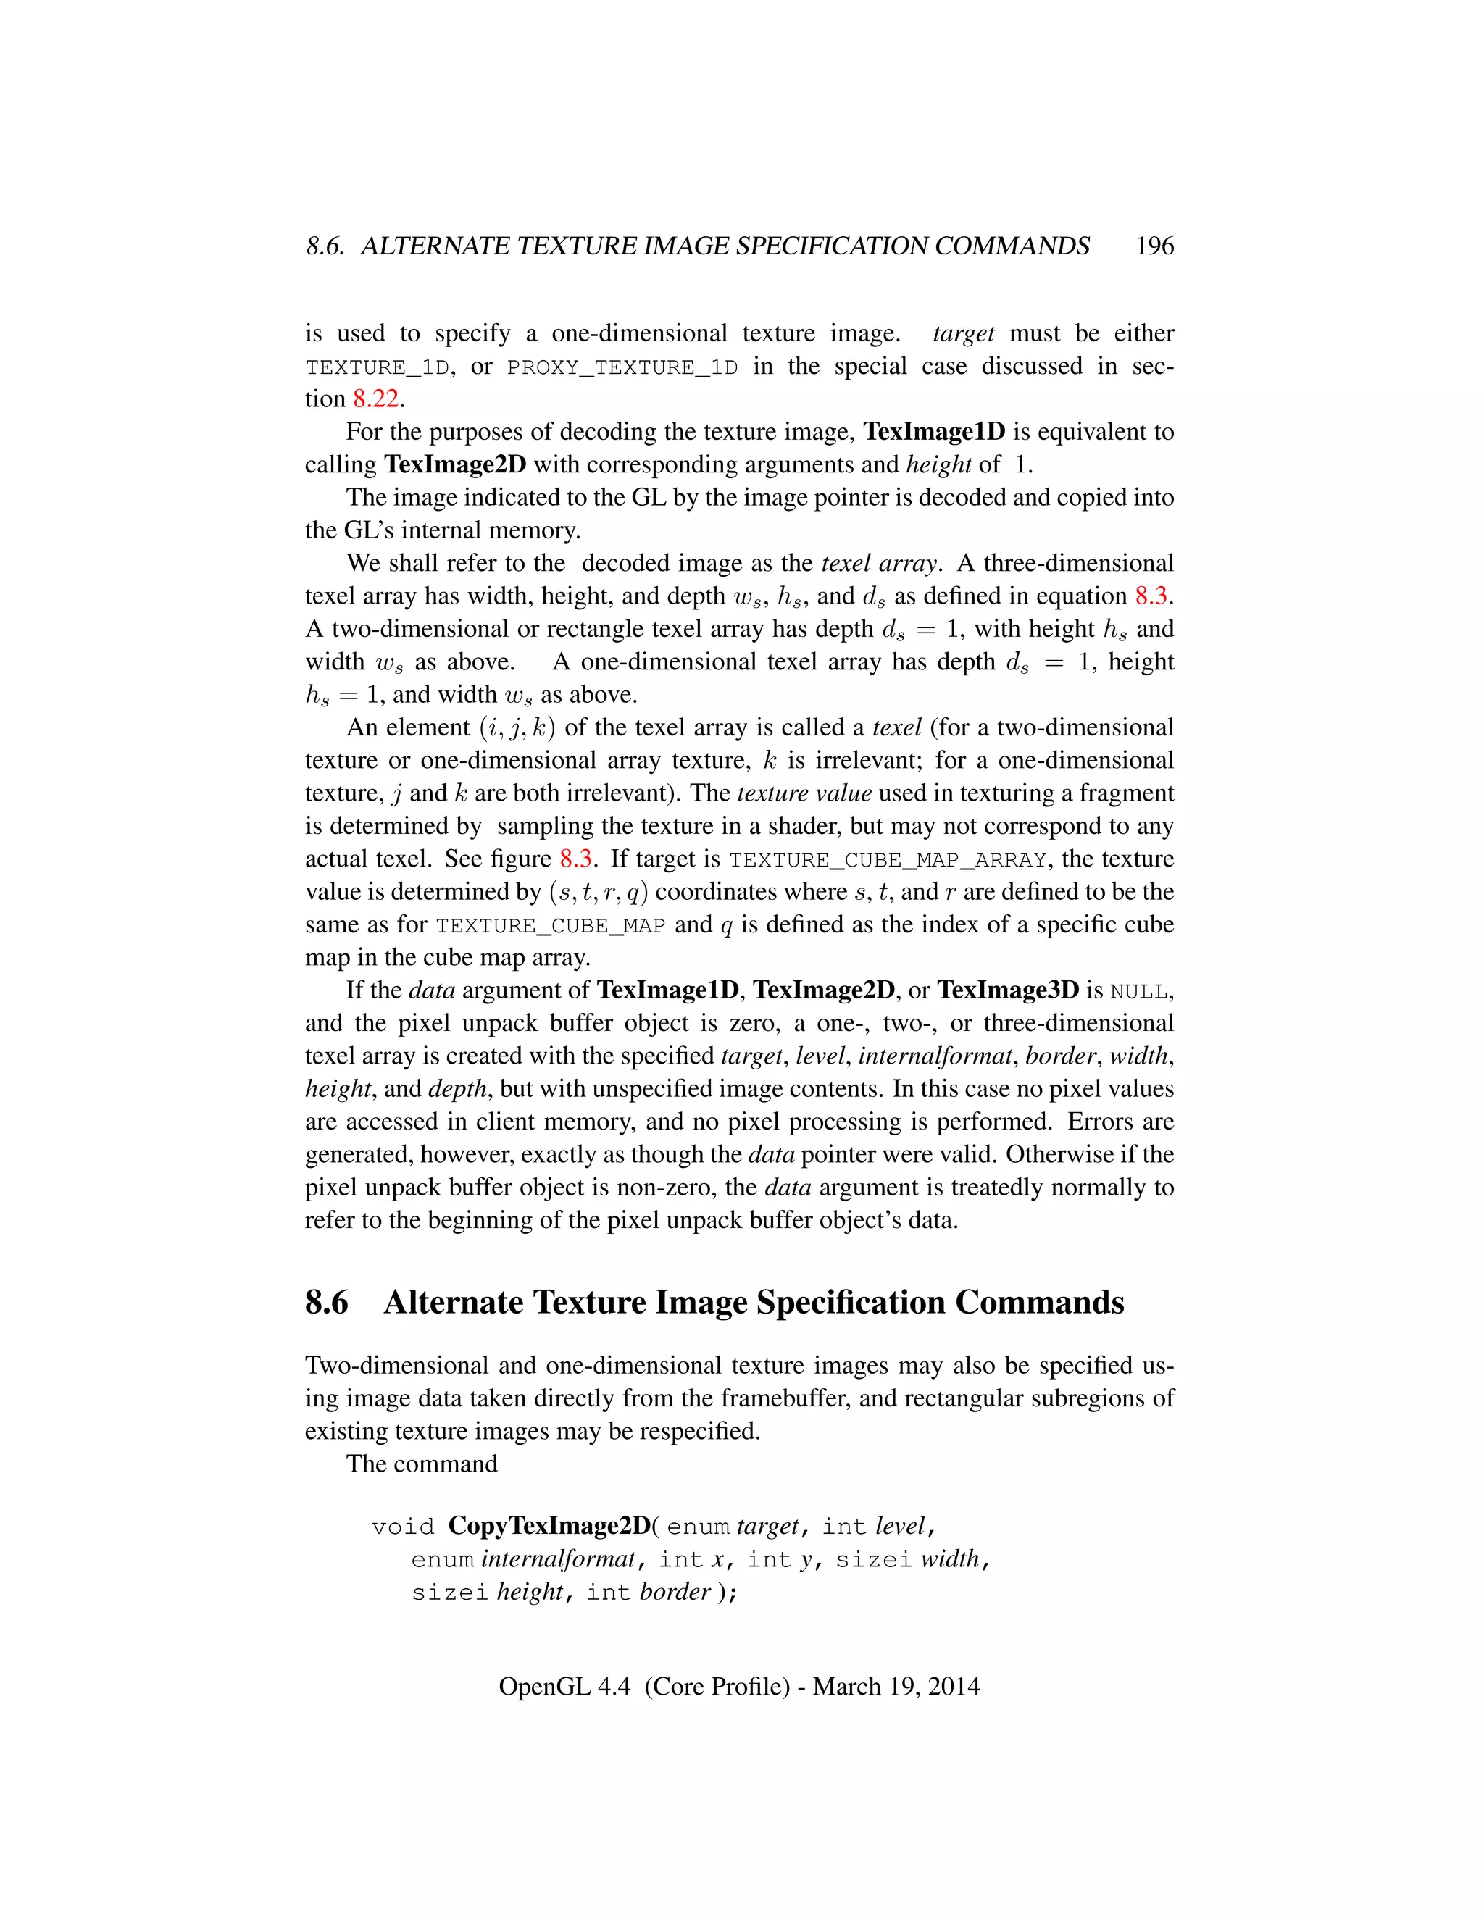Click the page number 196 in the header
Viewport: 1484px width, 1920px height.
1154,246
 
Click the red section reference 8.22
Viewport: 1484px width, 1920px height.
376,399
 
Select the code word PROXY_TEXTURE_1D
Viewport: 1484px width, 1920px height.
622,367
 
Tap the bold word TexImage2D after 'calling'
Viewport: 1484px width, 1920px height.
454,464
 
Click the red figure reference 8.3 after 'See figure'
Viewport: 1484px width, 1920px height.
576,859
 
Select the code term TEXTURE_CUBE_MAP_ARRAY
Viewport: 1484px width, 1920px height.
888,861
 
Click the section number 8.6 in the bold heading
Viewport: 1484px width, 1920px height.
326,1302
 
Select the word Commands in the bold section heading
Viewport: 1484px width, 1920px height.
1039,1302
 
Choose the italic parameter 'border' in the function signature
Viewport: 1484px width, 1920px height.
675,1592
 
